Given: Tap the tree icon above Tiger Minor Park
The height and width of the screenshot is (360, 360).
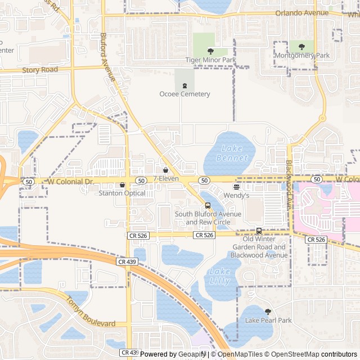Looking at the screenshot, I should [211, 51].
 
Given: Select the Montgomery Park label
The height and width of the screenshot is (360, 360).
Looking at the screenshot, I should [302, 56].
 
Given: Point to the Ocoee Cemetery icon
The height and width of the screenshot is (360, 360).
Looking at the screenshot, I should [184, 85].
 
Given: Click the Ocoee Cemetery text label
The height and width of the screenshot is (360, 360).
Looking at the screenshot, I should [184, 94].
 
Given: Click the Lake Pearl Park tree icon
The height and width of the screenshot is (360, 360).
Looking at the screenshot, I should [268, 311].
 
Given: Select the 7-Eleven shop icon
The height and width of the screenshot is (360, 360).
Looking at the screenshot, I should [165, 170].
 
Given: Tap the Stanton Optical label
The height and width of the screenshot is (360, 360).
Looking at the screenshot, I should [122, 193].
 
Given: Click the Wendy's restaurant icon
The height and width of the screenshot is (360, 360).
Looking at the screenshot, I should [236, 187].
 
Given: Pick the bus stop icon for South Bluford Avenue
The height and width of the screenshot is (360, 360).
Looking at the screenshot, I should [208, 205].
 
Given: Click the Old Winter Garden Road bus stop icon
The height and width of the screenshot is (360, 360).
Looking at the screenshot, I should [259, 231].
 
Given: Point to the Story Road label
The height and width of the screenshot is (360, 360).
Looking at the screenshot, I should [40, 70].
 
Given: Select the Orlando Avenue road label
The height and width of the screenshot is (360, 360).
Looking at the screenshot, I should [301, 13].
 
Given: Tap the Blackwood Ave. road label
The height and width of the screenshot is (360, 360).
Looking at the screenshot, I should [289, 177].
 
